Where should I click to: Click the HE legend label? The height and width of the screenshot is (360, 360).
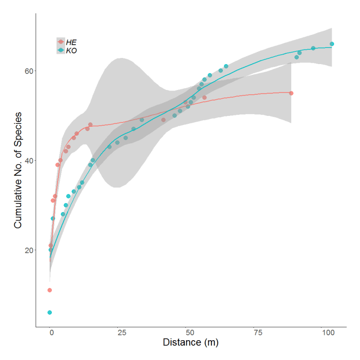72,42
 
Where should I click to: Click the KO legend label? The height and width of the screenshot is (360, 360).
72,50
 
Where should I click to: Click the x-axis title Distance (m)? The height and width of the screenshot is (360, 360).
191,343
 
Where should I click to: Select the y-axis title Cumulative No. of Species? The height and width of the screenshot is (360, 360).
18,170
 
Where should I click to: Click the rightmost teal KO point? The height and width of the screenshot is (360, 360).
332,44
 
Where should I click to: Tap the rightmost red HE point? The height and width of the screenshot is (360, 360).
291,93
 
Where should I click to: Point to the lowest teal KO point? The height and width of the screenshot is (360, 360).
49,312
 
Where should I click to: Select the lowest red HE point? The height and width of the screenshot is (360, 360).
49,290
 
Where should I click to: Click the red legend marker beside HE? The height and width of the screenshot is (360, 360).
61,42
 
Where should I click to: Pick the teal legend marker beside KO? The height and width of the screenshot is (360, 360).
61,50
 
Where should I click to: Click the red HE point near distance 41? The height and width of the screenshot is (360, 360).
164,120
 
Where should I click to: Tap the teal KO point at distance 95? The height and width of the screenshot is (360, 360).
313,48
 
